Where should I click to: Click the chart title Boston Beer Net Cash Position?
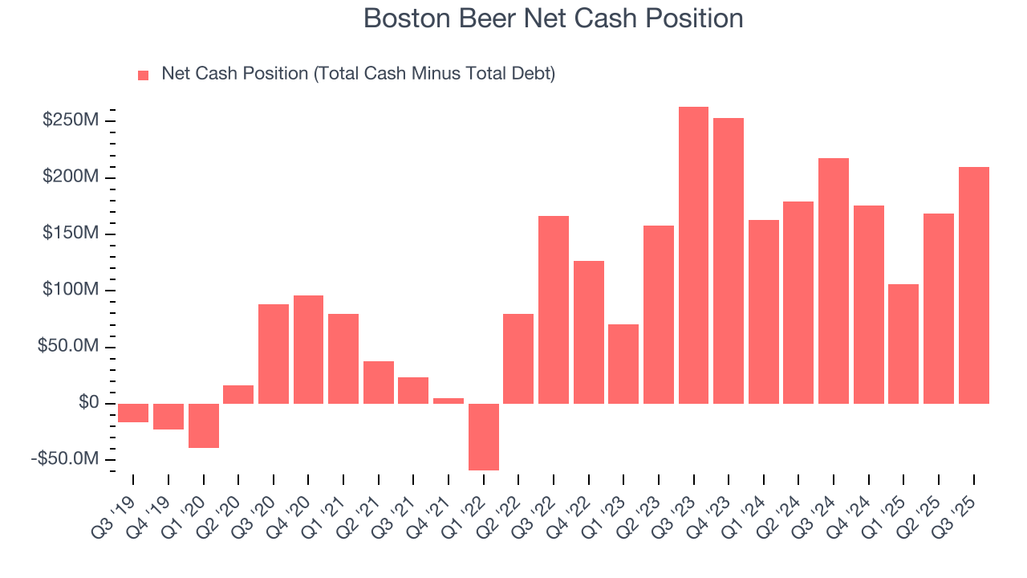click(x=553, y=18)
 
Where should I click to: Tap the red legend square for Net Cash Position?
click(x=144, y=75)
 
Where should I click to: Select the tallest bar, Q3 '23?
click(x=693, y=255)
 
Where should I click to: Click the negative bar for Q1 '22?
click(x=484, y=437)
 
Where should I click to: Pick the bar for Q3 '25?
click(x=973, y=285)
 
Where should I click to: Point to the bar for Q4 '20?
click(x=308, y=349)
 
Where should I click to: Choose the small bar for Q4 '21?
click(x=449, y=401)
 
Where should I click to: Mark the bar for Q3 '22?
click(x=554, y=309)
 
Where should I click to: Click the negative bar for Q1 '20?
click(x=204, y=425)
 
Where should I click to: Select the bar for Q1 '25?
click(x=903, y=344)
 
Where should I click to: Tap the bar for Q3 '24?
click(x=834, y=281)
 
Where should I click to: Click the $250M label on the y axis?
click(x=72, y=120)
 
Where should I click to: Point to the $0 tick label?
click(x=88, y=403)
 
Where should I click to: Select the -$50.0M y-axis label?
click(x=67, y=459)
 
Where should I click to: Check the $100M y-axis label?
click(x=72, y=290)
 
